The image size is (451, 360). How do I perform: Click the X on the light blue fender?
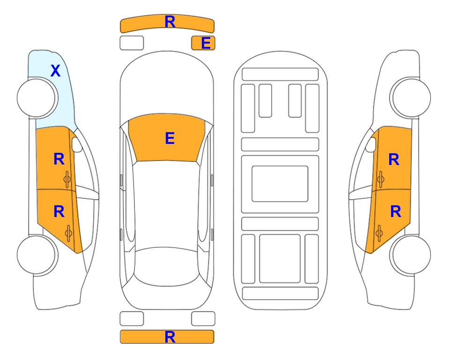click(56, 71)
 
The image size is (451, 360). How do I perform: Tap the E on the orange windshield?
click(170, 138)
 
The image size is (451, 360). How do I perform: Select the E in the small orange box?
click(206, 43)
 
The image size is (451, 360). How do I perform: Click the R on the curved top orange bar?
click(170, 22)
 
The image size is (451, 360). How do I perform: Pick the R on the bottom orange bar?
click(170, 337)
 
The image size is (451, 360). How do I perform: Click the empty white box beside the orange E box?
click(132, 43)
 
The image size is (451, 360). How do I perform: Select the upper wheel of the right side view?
click(411, 97)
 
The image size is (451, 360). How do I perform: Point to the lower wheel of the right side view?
click(411, 255)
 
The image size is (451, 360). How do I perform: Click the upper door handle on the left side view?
click(67, 179)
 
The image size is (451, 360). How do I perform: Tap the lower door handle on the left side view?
click(68, 233)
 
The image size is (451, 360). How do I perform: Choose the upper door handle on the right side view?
click(380, 179)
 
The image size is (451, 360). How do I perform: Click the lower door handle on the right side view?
click(379, 233)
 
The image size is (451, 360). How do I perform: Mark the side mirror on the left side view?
click(77, 144)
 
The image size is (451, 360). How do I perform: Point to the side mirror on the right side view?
click(371, 144)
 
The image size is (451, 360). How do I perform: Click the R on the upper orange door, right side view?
click(394, 159)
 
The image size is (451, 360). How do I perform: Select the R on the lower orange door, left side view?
click(59, 212)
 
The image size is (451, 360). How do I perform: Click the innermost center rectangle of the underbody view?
click(280, 184)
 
